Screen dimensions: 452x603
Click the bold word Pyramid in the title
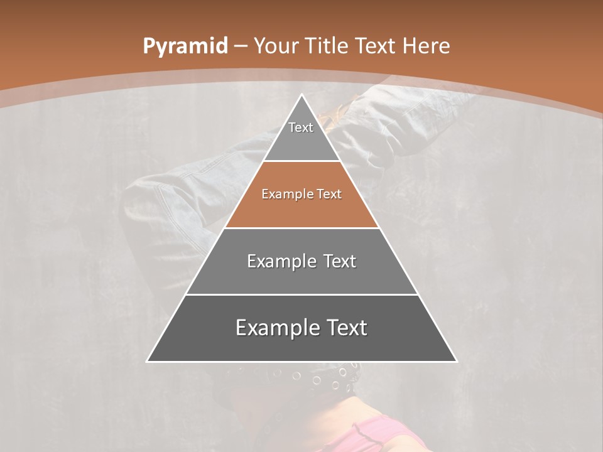click(x=185, y=46)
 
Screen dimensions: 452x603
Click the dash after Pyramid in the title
click(x=240, y=46)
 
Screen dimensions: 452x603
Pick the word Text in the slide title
click(x=377, y=46)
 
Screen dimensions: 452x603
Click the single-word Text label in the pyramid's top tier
click(x=301, y=127)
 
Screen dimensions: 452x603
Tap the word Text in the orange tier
click(x=329, y=194)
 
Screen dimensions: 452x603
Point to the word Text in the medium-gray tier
click(x=340, y=261)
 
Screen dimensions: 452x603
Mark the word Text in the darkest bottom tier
click(x=345, y=328)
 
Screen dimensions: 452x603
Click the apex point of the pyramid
click(x=301, y=95)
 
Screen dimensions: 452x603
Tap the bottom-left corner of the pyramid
click(x=148, y=361)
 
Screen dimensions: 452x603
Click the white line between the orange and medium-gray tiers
click(x=301, y=228)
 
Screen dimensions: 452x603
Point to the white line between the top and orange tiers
click(x=301, y=161)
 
